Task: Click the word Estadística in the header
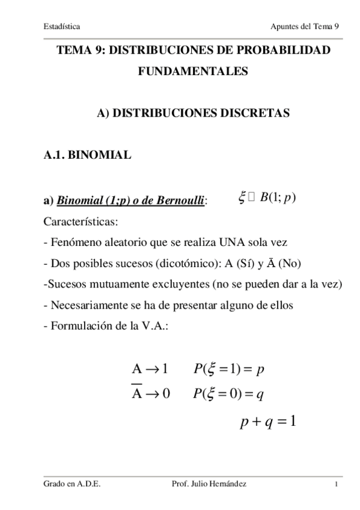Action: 62,26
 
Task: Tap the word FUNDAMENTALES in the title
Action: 193,72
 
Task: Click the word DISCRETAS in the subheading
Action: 256,112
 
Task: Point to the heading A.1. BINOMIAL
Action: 87,155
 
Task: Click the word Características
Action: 81,222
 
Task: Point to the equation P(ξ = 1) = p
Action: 229,369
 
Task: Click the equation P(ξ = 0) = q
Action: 229,394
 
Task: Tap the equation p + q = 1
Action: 268,421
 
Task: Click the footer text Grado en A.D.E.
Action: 72,484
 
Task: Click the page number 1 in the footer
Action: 338,485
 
